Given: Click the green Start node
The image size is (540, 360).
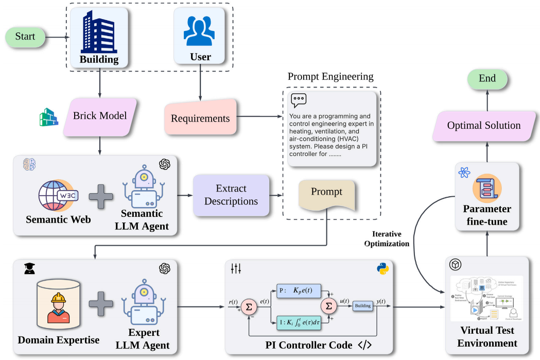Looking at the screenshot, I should [x=25, y=37].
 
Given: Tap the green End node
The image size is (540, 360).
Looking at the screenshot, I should [x=487, y=79].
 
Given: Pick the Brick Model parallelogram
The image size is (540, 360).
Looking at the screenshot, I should [x=99, y=115].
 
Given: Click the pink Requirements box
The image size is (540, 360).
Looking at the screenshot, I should [x=200, y=118].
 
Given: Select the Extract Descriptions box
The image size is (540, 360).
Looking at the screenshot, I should [x=231, y=195].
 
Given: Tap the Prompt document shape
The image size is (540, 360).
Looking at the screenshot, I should [x=327, y=195].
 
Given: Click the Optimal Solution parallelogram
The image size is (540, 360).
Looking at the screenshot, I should [x=483, y=126].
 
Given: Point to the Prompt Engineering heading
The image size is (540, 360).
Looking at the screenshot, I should [x=330, y=77].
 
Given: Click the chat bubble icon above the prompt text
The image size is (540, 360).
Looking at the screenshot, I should [x=299, y=100].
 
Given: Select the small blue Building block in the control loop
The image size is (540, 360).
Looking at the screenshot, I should [x=362, y=306].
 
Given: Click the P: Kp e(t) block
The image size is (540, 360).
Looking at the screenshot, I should [x=298, y=289].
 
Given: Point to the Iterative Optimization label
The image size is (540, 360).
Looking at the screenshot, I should [x=387, y=238].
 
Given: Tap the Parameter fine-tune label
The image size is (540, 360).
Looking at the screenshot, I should [x=487, y=215].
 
